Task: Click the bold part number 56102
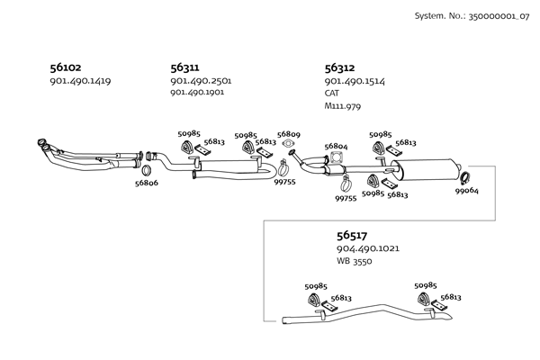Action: (x=65, y=67)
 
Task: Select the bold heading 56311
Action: (x=184, y=67)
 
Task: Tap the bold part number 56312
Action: (x=339, y=67)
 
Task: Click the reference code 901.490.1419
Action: (x=80, y=81)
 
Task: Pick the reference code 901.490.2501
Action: (x=201, y=81)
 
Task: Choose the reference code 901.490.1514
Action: (x=355, y=81)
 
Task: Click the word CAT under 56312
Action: (x=334, y=94)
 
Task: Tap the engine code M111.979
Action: (x=342, y=106)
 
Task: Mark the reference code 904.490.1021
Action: (x=368, y=248)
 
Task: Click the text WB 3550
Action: (x=355, y=261)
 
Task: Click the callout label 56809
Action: (x=289, y=134)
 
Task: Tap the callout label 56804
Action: (x=336, y=146)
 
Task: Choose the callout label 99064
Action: (x=467, y=191)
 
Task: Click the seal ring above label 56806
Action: (x=146, y=170)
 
